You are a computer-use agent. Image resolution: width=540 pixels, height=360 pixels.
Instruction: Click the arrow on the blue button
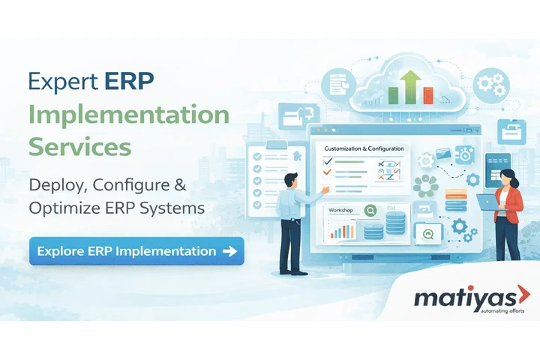click(x=229, y=251)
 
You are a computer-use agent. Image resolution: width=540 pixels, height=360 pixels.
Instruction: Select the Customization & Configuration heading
click(x=364, y=148)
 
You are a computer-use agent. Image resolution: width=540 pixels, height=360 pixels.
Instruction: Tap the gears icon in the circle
click(x=493, y=81)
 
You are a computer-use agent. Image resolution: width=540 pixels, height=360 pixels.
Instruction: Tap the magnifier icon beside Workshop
click(x=368, y=211)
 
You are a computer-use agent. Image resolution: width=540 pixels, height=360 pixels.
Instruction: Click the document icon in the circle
click(x=337, y=85)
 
